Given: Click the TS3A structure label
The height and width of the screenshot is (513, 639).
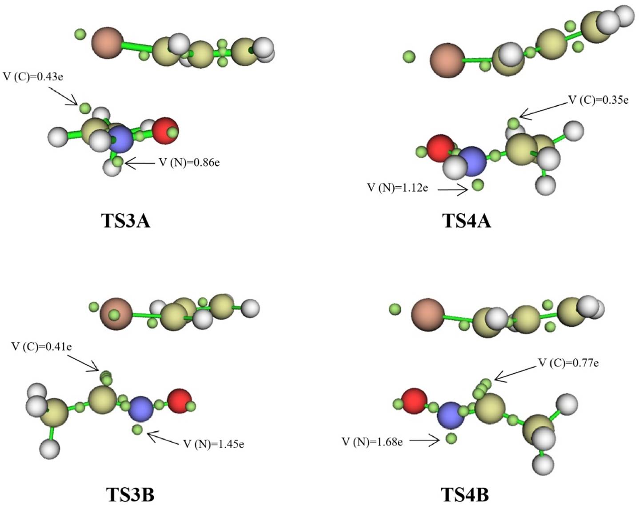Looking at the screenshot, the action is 126,220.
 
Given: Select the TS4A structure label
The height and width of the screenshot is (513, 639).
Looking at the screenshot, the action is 466,220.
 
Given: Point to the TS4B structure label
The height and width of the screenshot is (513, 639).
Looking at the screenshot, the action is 464,494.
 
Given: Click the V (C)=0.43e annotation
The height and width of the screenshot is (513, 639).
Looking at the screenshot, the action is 33,76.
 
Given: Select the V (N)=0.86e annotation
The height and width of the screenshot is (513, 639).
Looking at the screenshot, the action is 189,163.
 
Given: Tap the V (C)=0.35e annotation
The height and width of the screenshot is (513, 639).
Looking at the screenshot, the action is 599,100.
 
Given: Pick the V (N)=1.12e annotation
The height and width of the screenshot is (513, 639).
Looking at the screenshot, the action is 397,188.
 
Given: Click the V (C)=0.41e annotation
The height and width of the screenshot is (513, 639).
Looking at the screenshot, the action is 41,347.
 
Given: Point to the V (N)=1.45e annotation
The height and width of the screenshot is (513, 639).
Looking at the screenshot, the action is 213,444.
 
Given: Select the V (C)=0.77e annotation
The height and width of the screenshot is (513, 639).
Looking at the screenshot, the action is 568,363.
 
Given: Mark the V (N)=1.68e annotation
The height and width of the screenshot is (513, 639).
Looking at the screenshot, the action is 372,442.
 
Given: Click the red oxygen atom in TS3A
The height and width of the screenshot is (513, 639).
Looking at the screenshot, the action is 165,130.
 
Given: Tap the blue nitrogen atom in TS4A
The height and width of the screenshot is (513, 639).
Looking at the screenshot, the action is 472,161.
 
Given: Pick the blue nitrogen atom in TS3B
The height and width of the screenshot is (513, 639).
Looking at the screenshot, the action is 140,409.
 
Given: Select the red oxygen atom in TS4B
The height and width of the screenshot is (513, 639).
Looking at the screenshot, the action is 414,401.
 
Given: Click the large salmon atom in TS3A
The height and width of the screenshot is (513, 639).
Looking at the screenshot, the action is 107,43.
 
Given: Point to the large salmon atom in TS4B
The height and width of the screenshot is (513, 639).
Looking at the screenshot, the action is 427,315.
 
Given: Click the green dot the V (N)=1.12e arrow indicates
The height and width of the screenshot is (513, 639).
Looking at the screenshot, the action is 478,184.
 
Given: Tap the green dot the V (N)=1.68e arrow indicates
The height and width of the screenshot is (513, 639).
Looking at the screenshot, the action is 451,439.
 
